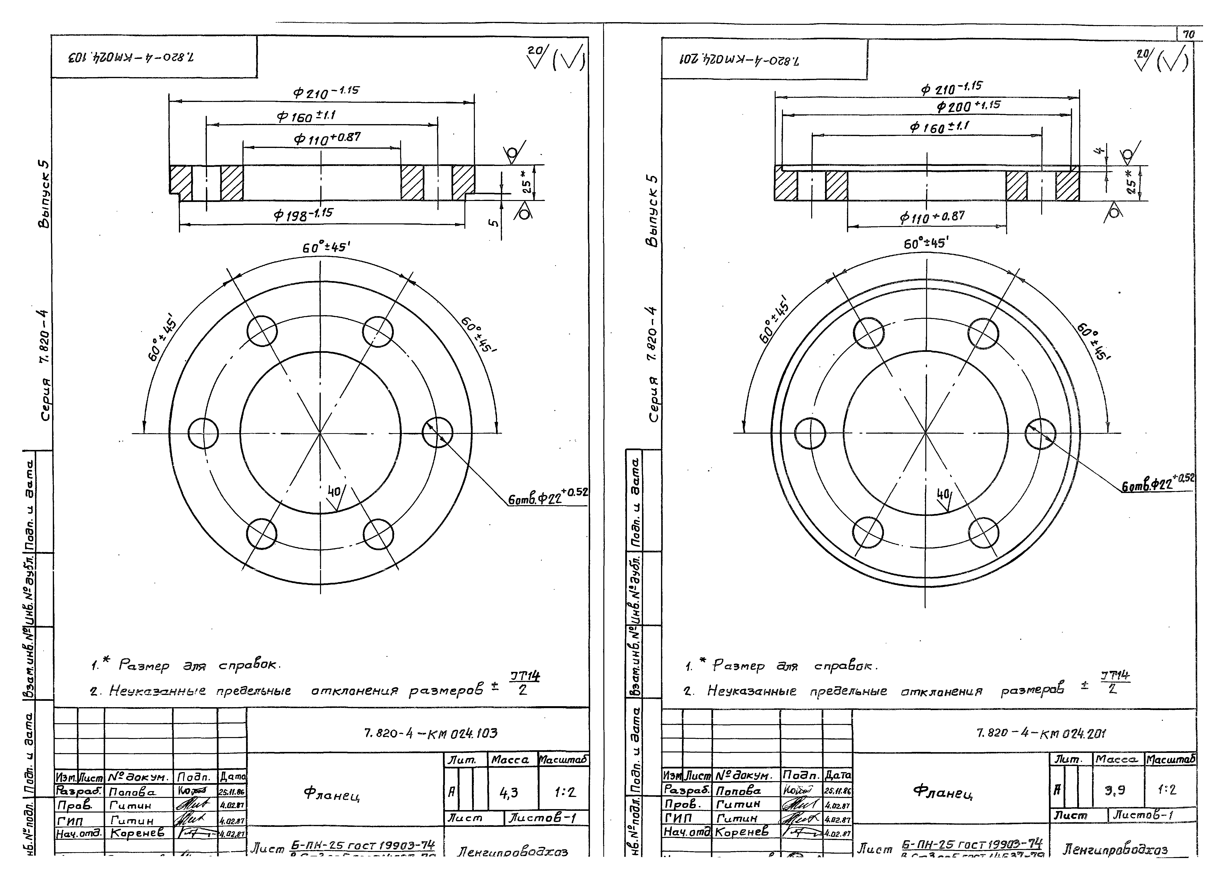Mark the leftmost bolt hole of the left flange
204,433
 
